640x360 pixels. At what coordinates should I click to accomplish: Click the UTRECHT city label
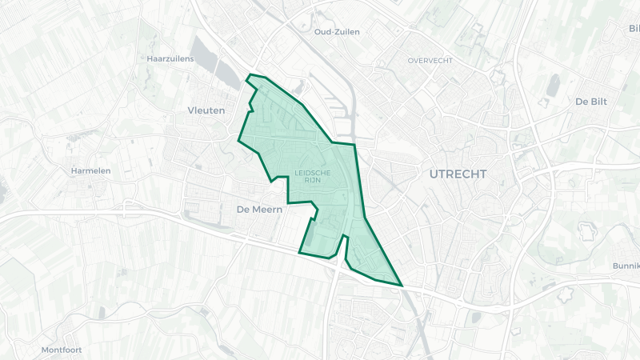pos(458,174)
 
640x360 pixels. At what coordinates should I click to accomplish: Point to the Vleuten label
pos(206,110)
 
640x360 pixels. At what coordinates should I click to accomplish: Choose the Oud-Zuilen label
pos(337,32)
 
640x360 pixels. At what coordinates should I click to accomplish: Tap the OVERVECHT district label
pos(430,61)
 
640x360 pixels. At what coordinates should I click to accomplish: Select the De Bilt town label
pos(593,102)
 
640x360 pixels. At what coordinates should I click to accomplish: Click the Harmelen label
pos(90,170)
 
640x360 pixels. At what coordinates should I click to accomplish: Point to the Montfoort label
pos(62,350)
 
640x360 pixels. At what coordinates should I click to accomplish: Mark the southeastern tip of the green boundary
pos(402,285)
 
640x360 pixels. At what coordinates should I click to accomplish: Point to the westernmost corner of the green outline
pos(239,140)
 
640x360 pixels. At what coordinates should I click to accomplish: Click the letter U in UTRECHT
pos(434,174)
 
